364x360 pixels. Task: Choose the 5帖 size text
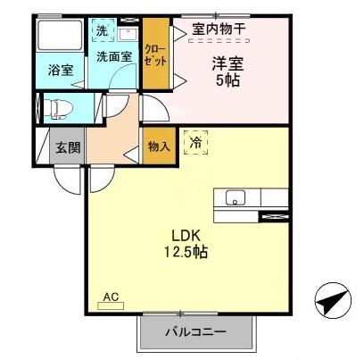(x=226, y=80)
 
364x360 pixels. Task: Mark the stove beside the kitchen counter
(x=273, y=215)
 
